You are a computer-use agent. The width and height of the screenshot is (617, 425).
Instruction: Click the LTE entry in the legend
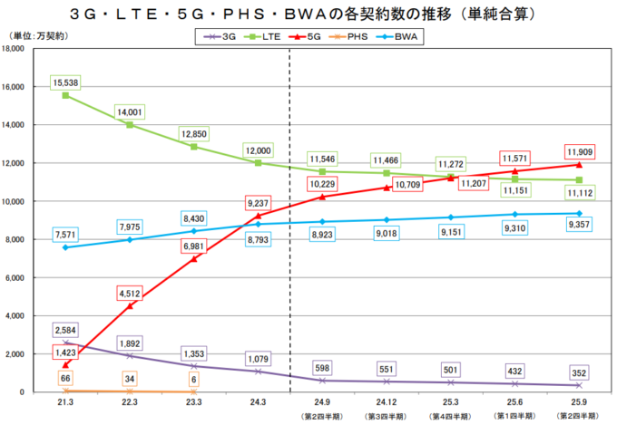pos(263,36)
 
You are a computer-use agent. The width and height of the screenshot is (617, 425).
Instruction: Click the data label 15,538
pos(67,82)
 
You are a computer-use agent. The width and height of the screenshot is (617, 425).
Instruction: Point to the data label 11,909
pos(579,151)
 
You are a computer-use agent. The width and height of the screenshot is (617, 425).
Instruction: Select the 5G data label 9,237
pos(259,203)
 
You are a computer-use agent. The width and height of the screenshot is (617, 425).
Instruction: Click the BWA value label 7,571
pos(67,234)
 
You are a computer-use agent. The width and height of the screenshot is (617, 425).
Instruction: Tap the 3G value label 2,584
pos(67,328)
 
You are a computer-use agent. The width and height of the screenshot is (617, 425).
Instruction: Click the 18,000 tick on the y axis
pos(19,49)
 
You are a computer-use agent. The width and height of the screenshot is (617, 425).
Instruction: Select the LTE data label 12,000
pos(259,150)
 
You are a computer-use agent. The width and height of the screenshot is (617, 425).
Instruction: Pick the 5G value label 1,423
pos(67,351)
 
